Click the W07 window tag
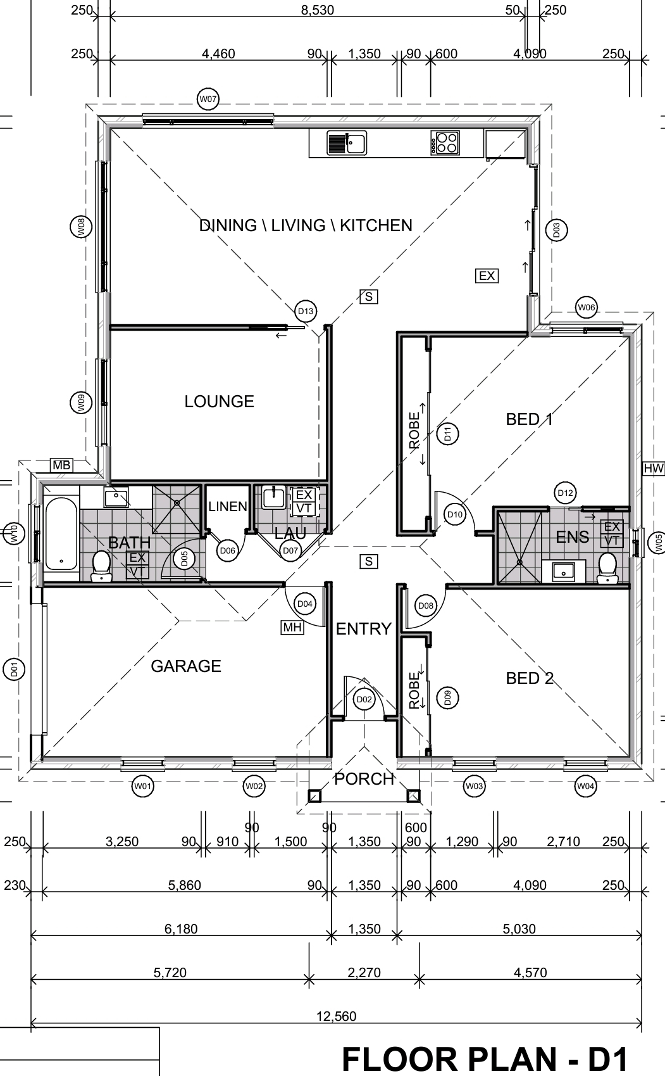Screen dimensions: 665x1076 (x=208, y=99)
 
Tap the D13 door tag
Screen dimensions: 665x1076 (x=306, y=311)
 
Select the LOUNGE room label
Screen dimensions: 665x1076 (x=220, y=402)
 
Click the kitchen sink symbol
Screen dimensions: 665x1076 (x=347, y=143)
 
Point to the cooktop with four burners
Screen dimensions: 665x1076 (x=445, y=143)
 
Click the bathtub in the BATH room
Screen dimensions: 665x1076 (x=61, y=534)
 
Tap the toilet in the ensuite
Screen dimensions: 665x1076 (x=608, y=567)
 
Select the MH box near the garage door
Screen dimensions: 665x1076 (x=292, y=627)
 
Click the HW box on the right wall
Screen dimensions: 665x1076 (x=653, y=469)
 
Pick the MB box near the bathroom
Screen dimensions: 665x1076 (x=61, y=465)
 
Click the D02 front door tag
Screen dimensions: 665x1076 (x=364, y=699)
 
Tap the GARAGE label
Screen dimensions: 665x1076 (x=186, y=666)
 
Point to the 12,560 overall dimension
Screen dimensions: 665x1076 (x=337, y=1016)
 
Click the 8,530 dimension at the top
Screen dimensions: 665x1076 (x=318, y=10)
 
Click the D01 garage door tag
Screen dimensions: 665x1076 (x=14, y=669)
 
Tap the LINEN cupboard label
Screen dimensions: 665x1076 (x=228, y=506)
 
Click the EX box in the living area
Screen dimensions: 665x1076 (x=487, y=275)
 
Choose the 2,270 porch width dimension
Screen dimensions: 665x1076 (x=364, y=972)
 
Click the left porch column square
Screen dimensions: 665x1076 (x=314, y=797)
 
